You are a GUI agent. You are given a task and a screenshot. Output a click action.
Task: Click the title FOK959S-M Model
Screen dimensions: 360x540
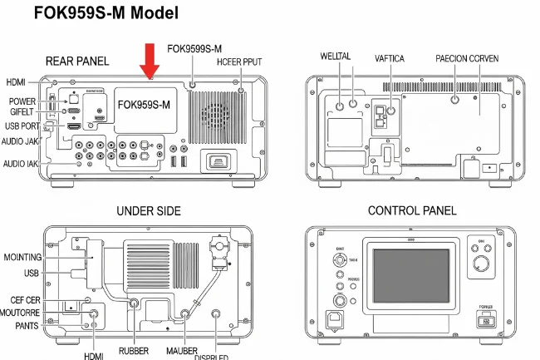pos(106,14)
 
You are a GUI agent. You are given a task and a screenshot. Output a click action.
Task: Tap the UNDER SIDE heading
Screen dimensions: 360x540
pos(148,211)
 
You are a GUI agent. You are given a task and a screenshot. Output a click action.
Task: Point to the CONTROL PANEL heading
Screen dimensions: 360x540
pos(412,211)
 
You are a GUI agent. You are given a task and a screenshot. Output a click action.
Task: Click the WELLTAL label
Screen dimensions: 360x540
pos(336,57)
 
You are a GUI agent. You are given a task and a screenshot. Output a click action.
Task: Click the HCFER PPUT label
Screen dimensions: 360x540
pos(241,62)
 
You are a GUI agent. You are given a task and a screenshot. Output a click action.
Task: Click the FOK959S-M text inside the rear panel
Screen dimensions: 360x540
pos(144,105)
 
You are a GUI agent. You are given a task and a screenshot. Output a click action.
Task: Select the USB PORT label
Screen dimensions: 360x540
pos(22,126)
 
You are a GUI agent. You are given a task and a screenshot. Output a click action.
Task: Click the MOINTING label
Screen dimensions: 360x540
pos(23,258)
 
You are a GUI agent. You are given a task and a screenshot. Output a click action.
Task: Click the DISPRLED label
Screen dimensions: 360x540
pos(217,356)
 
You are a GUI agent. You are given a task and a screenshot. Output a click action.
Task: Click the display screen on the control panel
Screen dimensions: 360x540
pos(410,275)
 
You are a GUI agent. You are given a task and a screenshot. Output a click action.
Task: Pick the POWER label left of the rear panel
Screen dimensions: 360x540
pos(22,101)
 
